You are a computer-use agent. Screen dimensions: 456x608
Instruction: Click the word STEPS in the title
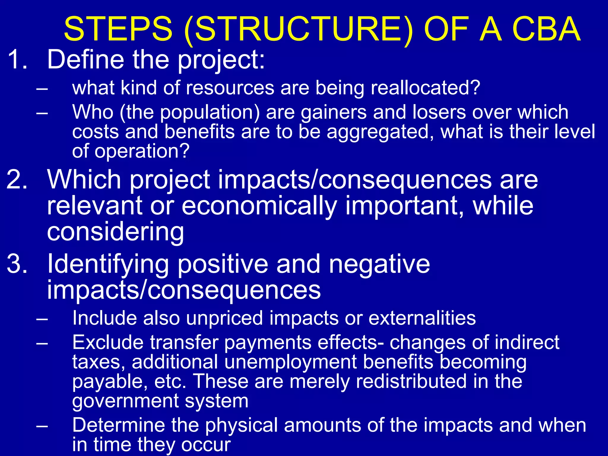118,29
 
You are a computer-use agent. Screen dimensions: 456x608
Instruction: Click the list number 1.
17,59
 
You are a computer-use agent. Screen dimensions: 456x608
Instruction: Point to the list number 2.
17,180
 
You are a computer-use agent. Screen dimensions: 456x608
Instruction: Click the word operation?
142,151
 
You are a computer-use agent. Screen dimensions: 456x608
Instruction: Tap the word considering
115,232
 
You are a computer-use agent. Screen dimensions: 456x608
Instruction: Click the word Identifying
108,264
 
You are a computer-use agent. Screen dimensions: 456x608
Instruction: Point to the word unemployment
291,362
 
